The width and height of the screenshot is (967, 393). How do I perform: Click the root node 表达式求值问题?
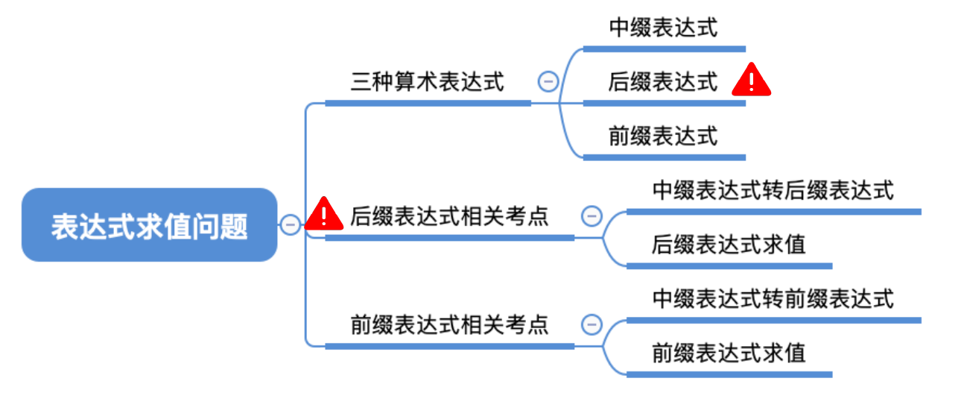(x=149, y=225)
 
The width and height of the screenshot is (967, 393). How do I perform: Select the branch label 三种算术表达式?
(x=427, y=81)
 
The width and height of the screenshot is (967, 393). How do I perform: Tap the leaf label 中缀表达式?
(x=663, y=28)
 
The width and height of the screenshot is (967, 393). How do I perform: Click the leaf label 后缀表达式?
(x=663, y=81)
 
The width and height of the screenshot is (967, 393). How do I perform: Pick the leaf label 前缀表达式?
(x=663, y=136)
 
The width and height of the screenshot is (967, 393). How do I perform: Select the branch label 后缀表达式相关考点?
(x=449, y=217)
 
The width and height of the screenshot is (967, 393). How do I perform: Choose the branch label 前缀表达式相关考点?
(x=449, y=325)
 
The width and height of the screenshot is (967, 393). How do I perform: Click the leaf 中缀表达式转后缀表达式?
(x=773, y=190)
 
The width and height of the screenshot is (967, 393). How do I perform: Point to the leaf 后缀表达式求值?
(x=729, y=244)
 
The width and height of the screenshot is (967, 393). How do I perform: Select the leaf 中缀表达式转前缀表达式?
(x=773, y=299)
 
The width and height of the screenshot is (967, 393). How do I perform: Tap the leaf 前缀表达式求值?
(x=729, y=352)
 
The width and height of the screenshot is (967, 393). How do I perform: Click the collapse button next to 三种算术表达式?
(x=548, y=81)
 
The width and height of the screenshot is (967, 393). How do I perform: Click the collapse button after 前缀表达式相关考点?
(x=591, y=325)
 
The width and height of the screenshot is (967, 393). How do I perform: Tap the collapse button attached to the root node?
(x=290, y=224)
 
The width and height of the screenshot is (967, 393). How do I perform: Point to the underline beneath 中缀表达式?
(x=664, y=49)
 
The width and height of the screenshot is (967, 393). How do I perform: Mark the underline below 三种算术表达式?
(x=428, y=103)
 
